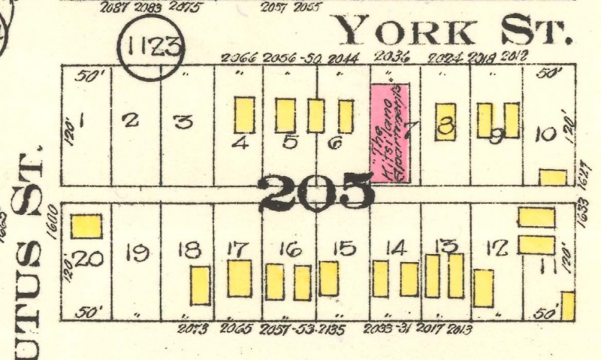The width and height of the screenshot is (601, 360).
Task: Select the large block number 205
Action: (x=316, y=192)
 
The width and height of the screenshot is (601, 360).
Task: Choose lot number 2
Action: (x=131, y=119)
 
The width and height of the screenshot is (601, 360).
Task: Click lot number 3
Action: (x=183, y=120)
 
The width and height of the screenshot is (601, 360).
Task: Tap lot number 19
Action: (x=137, y=254)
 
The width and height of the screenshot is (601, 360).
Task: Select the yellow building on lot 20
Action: (x=86, y=226)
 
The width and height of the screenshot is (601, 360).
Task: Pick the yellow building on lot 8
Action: (x=445, y=122)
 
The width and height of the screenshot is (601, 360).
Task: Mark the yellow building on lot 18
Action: (x=200, y=286)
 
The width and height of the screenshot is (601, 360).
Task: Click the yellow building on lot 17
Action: (x=240, y=278)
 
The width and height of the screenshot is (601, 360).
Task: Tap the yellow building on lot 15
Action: (x=329, y=278)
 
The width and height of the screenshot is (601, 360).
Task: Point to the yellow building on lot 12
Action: (x=484, y=288)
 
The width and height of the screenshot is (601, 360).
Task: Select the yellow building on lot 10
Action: (x=553, y=177)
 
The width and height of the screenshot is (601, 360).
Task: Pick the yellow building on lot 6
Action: (x=346, y=116)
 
